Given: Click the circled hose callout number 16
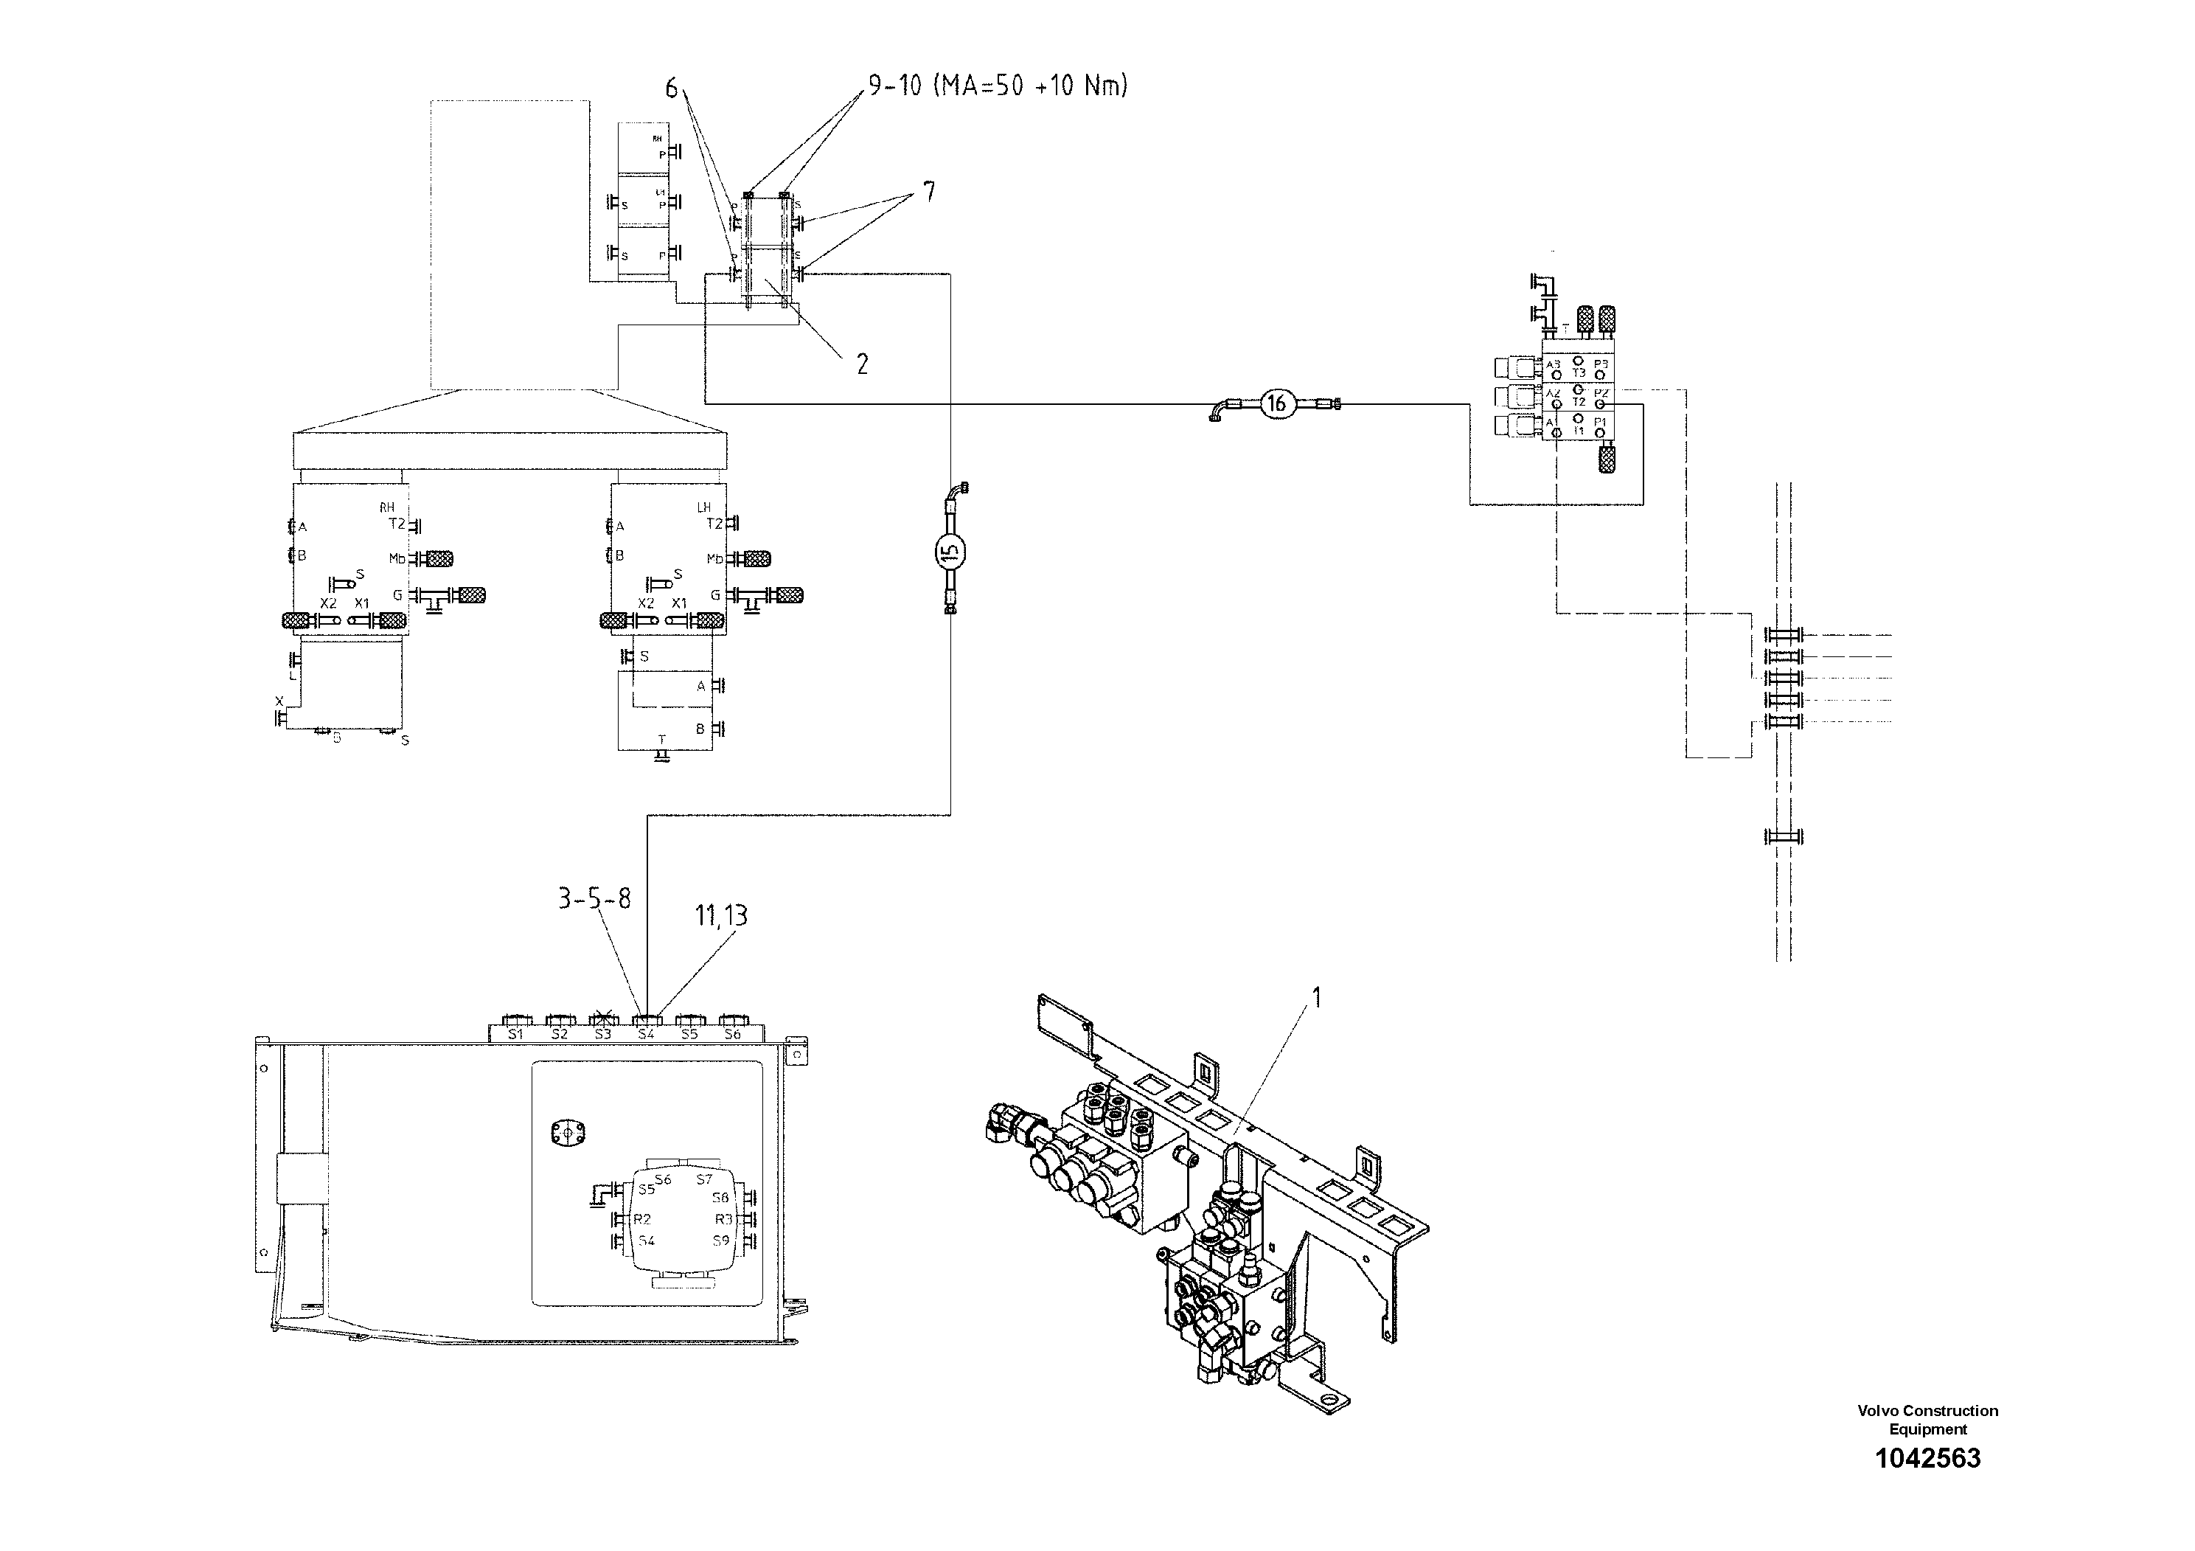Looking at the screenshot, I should tap(1276, 403).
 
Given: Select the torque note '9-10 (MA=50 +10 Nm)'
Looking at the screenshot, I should tap(997, 86).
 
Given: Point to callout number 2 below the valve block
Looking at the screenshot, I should tap(863, 364).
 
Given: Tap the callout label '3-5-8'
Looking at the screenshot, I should tap(594, 899).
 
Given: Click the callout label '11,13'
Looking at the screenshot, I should tap(721, 915).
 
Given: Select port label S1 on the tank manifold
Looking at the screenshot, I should tap(515, 1034).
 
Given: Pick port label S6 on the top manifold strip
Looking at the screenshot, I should tap(732, 1034).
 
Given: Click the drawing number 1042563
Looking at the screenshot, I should tap(1927, 1458).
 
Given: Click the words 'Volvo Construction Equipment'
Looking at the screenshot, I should tap(1927, 1419).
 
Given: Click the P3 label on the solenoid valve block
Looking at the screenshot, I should tap(1601, 365).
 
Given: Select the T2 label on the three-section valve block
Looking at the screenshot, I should tap(1579, 402).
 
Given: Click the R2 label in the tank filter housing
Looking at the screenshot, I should tap(642, 1219).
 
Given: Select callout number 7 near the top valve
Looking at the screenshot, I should tap(928, 192).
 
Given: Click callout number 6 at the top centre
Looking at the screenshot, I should tap(671, 89).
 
